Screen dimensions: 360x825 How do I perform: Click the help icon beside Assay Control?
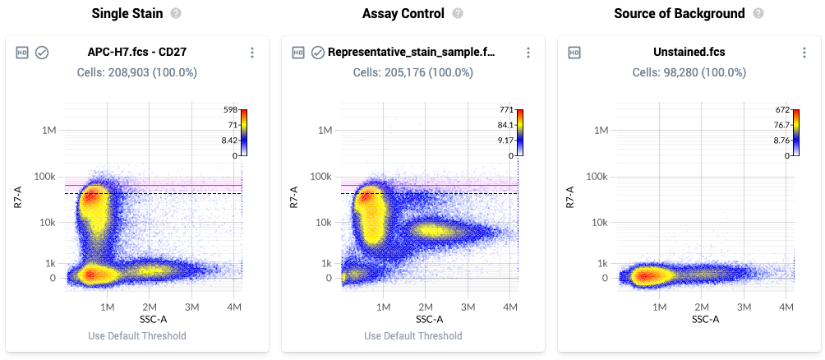pyautogui.click(x=458, y=14)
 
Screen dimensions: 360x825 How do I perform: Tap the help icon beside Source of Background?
pyautogui.click(x=758, y=14)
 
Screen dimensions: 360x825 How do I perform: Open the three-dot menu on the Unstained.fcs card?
pyautogui.click(x=804, y=53)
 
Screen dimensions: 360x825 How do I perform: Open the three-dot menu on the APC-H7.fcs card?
pyautogui.click(x=252, y=53)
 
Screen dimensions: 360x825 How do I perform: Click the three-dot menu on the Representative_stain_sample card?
pyautogui.click(x=528, y=53)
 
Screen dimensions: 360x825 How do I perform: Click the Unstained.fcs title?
pyautogui.click(x=689, y=53)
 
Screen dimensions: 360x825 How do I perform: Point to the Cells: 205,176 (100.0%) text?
pyautogui.click(x=412, y=72)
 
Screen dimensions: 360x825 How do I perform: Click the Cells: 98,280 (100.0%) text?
pyautogui.click(x=689, y=72)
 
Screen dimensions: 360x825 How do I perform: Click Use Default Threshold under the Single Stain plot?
pyautogui.click(x=137, y=335)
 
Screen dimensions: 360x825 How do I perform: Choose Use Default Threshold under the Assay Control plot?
pyautogui.click(x=412, y=335)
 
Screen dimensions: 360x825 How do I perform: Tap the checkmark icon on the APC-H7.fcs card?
pyautogui.click(x=42, y=53)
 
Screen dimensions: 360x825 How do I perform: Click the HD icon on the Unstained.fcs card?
pyautogui.click(x=574, y=53)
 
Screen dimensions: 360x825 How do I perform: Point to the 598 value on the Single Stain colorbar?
pyautogui.click(x=230, y=109)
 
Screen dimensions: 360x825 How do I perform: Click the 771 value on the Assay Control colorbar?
pyautogui.click(x=506, y=109)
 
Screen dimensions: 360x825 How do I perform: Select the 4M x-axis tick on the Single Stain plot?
pyautogui.click(x=234, y=307)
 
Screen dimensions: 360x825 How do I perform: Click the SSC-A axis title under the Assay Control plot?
pyautogui.click(x=429, y=319)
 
